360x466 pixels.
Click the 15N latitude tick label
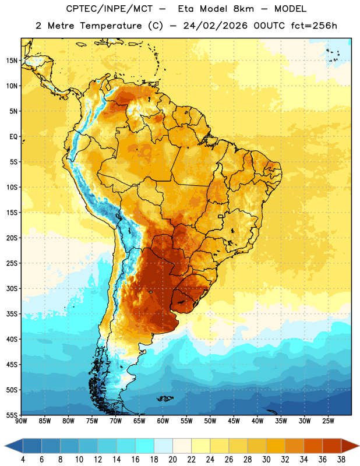click(12, 61)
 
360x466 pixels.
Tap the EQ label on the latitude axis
click(13, 137)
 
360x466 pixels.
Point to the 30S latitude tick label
click(12, 288)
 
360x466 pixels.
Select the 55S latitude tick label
click(12, 415)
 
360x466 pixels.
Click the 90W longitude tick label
click(21, 421)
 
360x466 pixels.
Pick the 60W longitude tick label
click(163, 421)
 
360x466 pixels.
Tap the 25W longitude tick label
click(328, 421)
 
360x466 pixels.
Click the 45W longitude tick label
click(234, 421)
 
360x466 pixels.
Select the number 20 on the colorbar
click(172, 460)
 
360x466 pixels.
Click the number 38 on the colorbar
click(341, 460)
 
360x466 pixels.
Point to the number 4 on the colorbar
click(23, 460)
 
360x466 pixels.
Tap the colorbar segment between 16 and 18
click(145, 446)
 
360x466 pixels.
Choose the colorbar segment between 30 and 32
click(276, 446)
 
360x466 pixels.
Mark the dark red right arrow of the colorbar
click(350, 446)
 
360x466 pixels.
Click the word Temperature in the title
click(111, 26)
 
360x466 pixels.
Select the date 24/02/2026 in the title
click(216, 26)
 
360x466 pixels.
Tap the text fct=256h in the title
click(314, 26)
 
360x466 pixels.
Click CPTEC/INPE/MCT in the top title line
click(110, 9)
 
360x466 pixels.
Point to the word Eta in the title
click(186, 9)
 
